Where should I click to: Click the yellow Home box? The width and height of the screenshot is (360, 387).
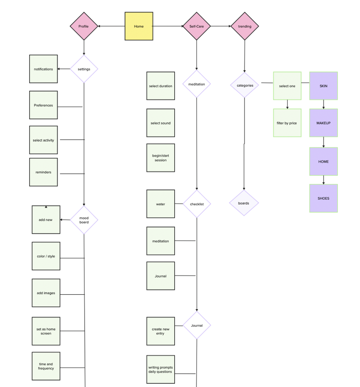tap(139, 26)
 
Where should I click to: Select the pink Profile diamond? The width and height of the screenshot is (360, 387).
tap(84, 26)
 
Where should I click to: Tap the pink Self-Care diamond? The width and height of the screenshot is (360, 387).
tap(196, 26)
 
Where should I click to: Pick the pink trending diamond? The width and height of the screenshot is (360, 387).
tap(245, 26)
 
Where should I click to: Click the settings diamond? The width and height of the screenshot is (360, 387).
tap(84, 69)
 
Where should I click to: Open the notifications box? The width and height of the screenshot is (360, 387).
tap(43, 69)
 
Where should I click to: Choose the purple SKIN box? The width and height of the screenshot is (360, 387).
tap(323, 86)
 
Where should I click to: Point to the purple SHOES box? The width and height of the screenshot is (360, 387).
tap(323, 198)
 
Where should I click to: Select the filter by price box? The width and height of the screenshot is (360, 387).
tap(287, 123)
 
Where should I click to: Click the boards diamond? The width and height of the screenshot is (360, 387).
tap(244, 203)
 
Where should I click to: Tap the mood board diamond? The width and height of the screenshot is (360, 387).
tap(84, 220)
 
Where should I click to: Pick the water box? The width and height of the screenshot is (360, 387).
tap(161, 204)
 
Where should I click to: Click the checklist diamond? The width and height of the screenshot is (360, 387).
tap(197, 204)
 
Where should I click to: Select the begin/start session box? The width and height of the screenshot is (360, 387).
tap(161, 158)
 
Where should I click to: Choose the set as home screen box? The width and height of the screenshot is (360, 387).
tap(46, 331)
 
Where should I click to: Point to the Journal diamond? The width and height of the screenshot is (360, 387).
tap(197, 325)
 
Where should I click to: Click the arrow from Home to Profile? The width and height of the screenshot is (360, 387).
tap(111, 26)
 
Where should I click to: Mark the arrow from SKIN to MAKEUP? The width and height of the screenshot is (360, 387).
tap(323, 104)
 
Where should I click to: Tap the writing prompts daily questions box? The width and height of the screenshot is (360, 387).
tap(161, 369)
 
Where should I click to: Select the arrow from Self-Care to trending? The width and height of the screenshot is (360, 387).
tap(221, 26)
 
